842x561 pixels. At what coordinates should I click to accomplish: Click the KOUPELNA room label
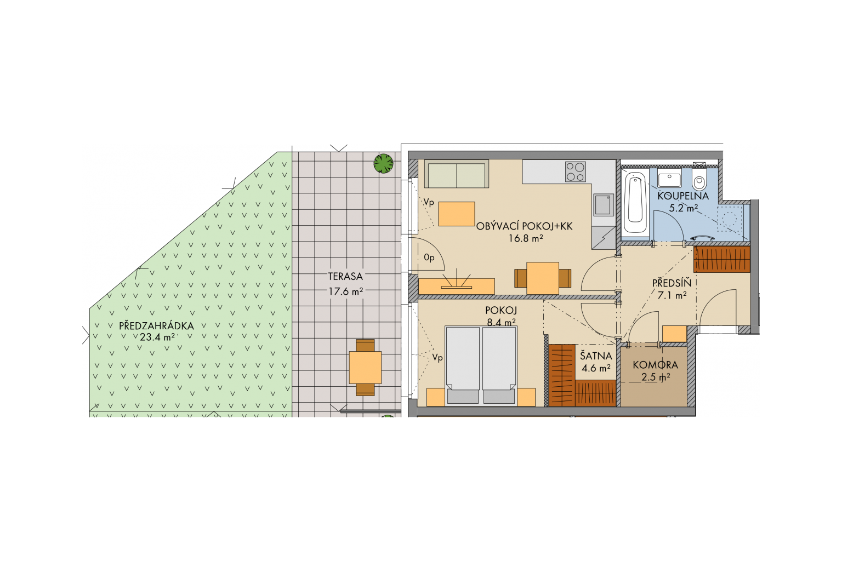(683, 196)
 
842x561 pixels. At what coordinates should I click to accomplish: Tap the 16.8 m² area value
(526, 238)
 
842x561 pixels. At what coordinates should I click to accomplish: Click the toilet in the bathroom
(699, 179)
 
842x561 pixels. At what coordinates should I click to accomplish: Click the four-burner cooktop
(576, 171)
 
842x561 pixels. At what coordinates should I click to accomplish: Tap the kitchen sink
(604, 205)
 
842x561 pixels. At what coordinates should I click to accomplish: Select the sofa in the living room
(456, 174)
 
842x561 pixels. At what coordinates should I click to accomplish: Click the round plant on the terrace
(383, 163)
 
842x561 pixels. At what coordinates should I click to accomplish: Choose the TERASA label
(345, 277)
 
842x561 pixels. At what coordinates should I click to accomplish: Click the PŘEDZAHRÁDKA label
(156, 326)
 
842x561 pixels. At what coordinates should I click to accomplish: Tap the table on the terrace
(365, 368)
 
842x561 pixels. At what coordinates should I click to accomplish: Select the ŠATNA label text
(596, 356)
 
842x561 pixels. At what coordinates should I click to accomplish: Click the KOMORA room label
(655, 364)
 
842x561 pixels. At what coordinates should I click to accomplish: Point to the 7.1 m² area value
(672, 295)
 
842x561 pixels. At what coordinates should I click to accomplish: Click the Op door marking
(429, 258)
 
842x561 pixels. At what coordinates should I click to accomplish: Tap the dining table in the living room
(542, 278)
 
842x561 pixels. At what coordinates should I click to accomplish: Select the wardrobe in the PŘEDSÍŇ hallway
(722, 259)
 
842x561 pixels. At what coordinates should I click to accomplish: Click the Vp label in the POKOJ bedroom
(437, 358)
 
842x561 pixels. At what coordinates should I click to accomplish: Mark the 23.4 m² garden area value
(157, 337)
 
